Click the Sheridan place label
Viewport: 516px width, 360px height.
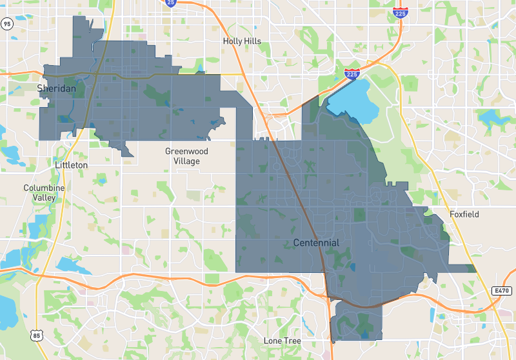(56, 88)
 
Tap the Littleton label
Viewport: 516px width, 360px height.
(71, 165)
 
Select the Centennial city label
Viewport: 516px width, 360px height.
(315, 243)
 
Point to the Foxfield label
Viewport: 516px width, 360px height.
(464, 214)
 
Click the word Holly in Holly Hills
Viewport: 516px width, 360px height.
(233, 41)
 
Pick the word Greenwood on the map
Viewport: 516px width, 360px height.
(186, 152)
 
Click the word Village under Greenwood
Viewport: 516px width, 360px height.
(186, 161)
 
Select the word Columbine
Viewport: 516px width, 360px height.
(45, 188)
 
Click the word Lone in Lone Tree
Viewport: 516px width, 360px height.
(273, 340)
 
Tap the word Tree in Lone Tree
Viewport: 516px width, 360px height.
(292, 340)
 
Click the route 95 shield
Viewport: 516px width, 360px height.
(7, 24)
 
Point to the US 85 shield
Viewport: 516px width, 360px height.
(36, 335)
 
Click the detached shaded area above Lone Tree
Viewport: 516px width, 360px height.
(355, 321)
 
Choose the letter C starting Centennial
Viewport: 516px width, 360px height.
(297, 243)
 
